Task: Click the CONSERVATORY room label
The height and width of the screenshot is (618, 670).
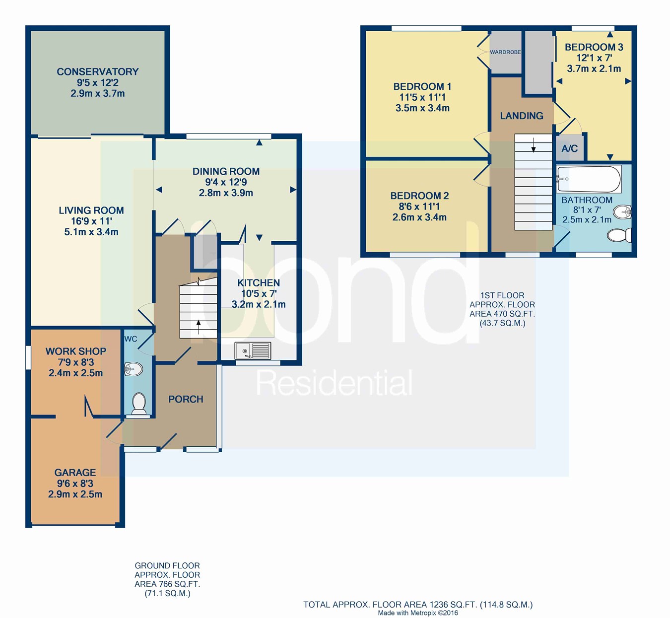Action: [97, 71]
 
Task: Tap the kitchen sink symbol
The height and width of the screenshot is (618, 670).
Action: [253, 350]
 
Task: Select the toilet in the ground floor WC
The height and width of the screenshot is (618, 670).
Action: [138, 403]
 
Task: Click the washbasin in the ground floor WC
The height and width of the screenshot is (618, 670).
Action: [134, 369]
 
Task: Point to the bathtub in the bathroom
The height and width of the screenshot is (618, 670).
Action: [589, 179]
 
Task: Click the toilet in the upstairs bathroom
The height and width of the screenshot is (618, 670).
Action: [619, 235]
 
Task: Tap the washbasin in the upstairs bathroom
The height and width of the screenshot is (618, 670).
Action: [622, 212]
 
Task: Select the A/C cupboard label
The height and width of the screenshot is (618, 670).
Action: [569, 148]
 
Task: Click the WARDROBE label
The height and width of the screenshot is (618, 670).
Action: [505, 52]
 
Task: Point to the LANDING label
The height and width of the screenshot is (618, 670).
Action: [522, 116]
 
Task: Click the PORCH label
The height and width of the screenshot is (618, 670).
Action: [186, 399]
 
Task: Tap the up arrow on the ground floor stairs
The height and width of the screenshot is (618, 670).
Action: [199, 327]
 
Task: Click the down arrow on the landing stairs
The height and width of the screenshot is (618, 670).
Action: [534, 145]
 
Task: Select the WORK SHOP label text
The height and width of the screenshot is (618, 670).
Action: [75, 351]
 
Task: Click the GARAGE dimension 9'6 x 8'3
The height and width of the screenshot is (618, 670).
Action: [75, 483]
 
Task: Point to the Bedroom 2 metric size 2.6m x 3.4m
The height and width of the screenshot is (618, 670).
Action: [419, 217]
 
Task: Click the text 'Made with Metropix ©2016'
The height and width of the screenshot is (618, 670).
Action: [418, 613]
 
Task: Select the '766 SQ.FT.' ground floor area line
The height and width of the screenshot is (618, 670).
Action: [167, 584]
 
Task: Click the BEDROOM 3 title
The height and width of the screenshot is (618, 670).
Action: [594, 47]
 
